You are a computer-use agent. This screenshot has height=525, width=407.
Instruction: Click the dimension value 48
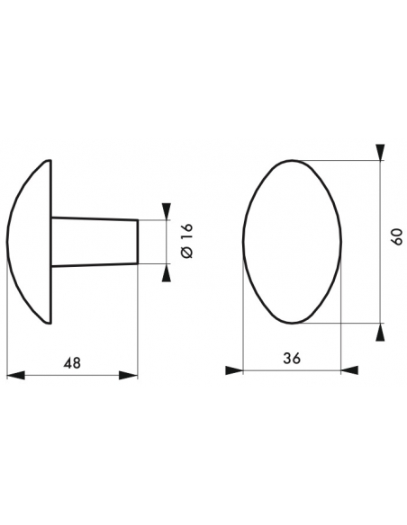tap(72, 363)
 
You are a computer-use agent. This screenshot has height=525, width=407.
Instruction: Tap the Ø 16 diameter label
tap(187, 240)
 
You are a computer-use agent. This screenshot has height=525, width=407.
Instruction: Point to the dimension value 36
tap(292, 359)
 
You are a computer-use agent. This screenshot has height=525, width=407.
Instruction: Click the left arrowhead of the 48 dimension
tap(15, 375)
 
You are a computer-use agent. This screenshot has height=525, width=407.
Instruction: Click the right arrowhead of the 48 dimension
tap(129, 375)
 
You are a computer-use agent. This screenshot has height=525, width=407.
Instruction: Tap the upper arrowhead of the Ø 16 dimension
tap(166, 211)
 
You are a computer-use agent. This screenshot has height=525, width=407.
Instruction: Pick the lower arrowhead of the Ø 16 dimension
tap(166, 272)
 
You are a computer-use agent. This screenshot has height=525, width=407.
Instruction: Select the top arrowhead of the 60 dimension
tap(380, 152)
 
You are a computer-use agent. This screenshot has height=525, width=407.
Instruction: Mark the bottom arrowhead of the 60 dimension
tap(380, 332)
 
